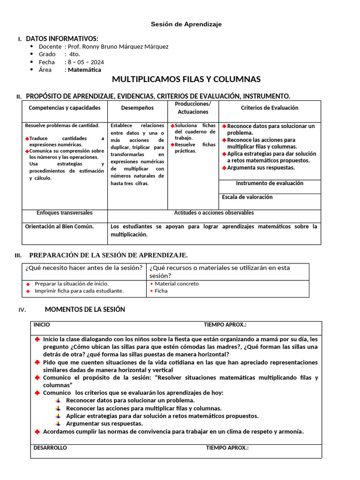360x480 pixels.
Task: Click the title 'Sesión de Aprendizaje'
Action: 186,24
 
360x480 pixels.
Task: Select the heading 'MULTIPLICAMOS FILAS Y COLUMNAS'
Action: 186,79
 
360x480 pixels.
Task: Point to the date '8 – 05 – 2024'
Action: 86,62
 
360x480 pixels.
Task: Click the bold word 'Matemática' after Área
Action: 84,70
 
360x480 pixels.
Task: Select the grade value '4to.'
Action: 75,54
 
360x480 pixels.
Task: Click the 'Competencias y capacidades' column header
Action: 65,108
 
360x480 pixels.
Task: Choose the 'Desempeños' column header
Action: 137,108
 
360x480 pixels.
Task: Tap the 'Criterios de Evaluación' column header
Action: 270,108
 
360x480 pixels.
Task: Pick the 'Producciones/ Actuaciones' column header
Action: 193,108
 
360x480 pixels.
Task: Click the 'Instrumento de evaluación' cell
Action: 270,183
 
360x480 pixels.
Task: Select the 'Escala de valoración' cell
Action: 247,197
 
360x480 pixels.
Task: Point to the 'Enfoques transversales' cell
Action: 65,213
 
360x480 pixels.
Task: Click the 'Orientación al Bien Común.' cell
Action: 60,226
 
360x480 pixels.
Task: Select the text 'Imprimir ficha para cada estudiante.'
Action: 79,291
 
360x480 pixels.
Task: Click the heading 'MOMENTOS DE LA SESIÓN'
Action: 85,309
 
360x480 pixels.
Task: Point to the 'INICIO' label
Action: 42,325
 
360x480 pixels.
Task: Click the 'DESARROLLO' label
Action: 50,448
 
